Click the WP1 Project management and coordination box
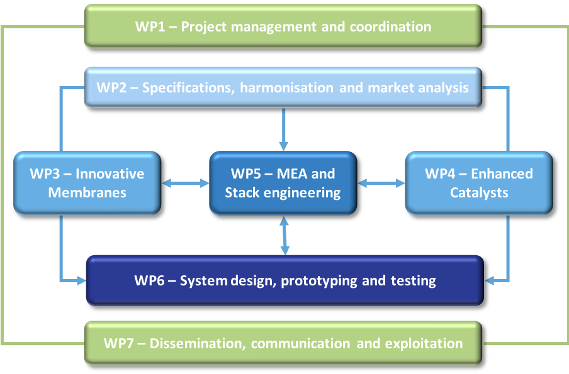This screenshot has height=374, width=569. [283, 26]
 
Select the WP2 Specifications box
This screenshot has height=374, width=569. [283, 87]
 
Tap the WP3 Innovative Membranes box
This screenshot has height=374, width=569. [87, 183]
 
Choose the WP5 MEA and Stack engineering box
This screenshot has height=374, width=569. [283, 183]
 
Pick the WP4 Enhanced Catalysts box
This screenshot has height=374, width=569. [479, 183]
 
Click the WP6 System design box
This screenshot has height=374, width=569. [285, 280]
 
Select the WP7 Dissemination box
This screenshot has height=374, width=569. [283, 343]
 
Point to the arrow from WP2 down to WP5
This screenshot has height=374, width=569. [283, 129]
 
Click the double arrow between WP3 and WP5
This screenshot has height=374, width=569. [186, 184]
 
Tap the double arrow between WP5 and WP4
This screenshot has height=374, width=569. [381, 184]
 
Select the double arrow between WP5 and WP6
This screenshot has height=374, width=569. [284, 236]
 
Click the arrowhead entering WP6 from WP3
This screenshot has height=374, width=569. [82, 280]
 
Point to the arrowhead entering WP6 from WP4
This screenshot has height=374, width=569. [489, 280]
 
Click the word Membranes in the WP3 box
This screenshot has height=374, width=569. [87, 192]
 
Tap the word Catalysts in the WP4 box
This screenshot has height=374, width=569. [479, 192]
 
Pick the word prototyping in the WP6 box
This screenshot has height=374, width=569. [319, 281]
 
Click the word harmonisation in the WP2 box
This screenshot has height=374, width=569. [286, 88]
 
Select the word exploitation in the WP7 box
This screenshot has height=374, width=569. [424, 344]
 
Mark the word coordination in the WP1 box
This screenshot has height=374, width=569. [390, 26]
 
